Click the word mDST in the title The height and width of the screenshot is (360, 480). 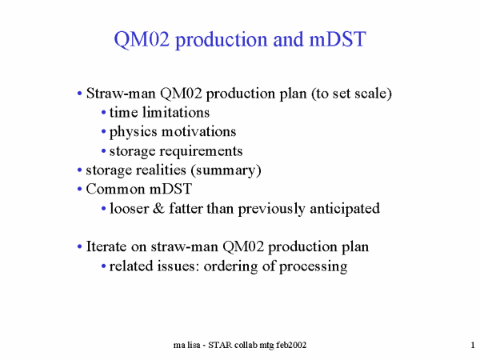(338, 39)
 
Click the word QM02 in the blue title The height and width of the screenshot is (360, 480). (142, 39)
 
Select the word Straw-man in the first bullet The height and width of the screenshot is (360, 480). (121, 93)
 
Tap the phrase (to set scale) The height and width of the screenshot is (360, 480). (351, 94)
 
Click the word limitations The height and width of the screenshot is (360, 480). (176, 112)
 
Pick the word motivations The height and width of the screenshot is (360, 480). (199, 132)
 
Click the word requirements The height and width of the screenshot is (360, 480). (202, 151)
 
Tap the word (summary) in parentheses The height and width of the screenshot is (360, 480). (226, 170)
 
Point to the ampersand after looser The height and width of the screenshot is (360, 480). (158, 209)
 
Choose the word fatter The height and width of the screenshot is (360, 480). (186, 209)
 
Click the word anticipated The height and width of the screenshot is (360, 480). (345, 209)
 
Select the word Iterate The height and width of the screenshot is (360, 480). (106, 246)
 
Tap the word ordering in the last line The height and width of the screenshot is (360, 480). (230, 266)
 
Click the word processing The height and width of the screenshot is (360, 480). (313, 266)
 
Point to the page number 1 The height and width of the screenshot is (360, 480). (473, 345)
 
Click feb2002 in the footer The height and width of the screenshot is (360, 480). (291, 346)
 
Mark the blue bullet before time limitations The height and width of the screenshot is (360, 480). (103, 113)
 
